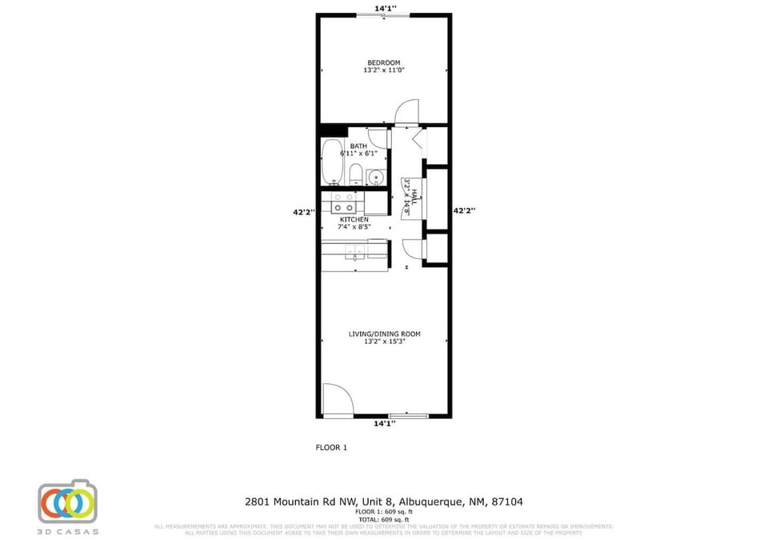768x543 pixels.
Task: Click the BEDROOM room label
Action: tap(383, 62)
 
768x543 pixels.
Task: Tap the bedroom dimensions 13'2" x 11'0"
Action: tap(383, 70)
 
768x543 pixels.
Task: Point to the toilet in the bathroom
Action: tap(356, 173)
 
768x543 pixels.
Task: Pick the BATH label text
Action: tap(358, 146)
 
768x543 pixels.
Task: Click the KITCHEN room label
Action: tap(354, 219)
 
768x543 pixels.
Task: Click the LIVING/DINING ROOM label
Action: tap(384, 333)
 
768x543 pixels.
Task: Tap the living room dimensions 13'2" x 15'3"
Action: tap(384, 341)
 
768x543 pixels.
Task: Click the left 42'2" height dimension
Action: tap(304, 212)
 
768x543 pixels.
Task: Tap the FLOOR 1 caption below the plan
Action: tap(331, 448)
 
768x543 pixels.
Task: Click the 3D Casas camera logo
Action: tap(67, 502)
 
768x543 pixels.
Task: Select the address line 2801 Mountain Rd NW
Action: tap(384, 501)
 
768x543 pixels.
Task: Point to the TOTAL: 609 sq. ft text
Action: tap(384, 519)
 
